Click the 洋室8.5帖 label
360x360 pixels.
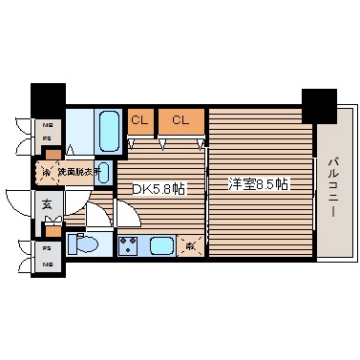click(x=256, y=182)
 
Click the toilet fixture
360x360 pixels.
click(x=87, y=244)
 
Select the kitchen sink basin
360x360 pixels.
click(x=161, y=245)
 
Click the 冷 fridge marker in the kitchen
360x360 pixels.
click(x=192, y=244)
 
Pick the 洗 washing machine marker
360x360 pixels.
click(x=43, y=173)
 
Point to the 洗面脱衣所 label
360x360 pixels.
click(x=74, y=173)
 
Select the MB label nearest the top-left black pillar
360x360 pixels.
click(x=45, y=124)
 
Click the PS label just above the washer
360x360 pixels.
click(x=45, y=138)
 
